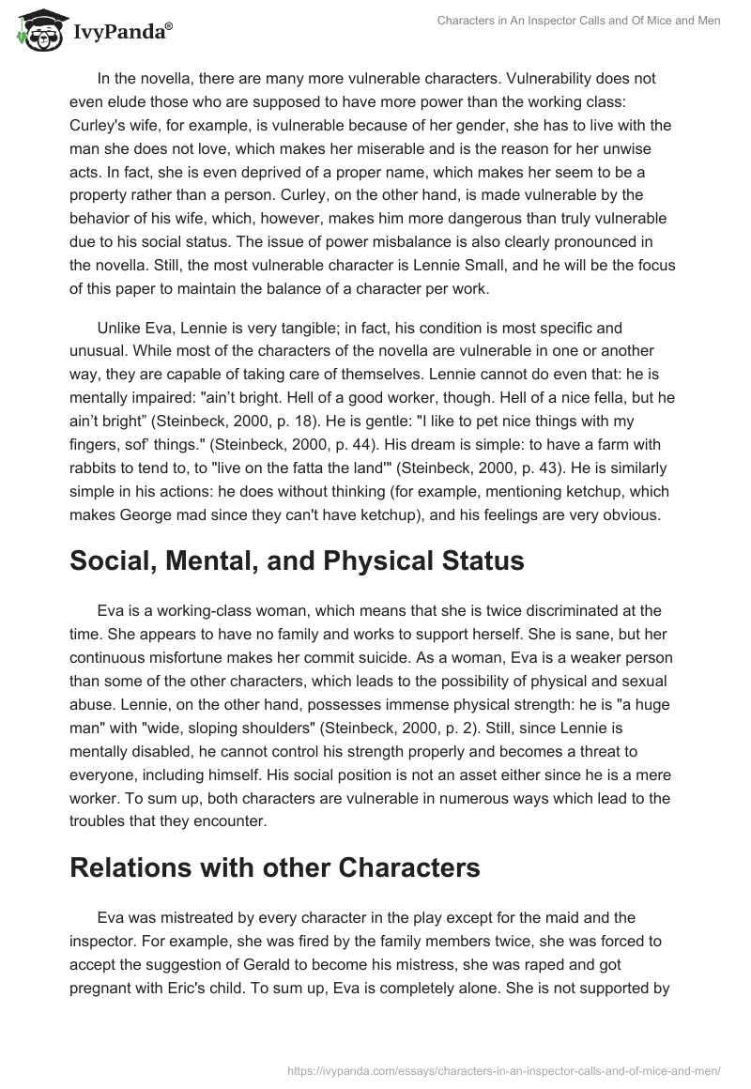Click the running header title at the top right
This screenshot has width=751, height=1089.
click(x=578, y=21)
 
